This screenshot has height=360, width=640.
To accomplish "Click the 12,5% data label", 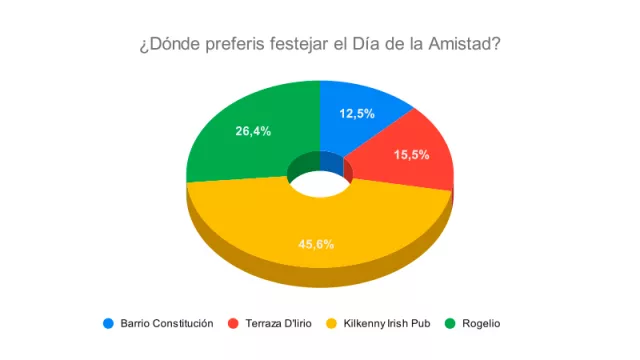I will [x=357, y=113].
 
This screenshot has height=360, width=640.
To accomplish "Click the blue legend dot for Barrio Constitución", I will [x=107, y=323].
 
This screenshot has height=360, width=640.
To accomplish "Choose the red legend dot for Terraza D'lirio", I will [x=234, y=323].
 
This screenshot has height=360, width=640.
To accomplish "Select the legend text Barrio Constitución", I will [x=167, y=323].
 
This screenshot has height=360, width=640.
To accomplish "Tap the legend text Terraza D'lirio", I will [x=282, y=323].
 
